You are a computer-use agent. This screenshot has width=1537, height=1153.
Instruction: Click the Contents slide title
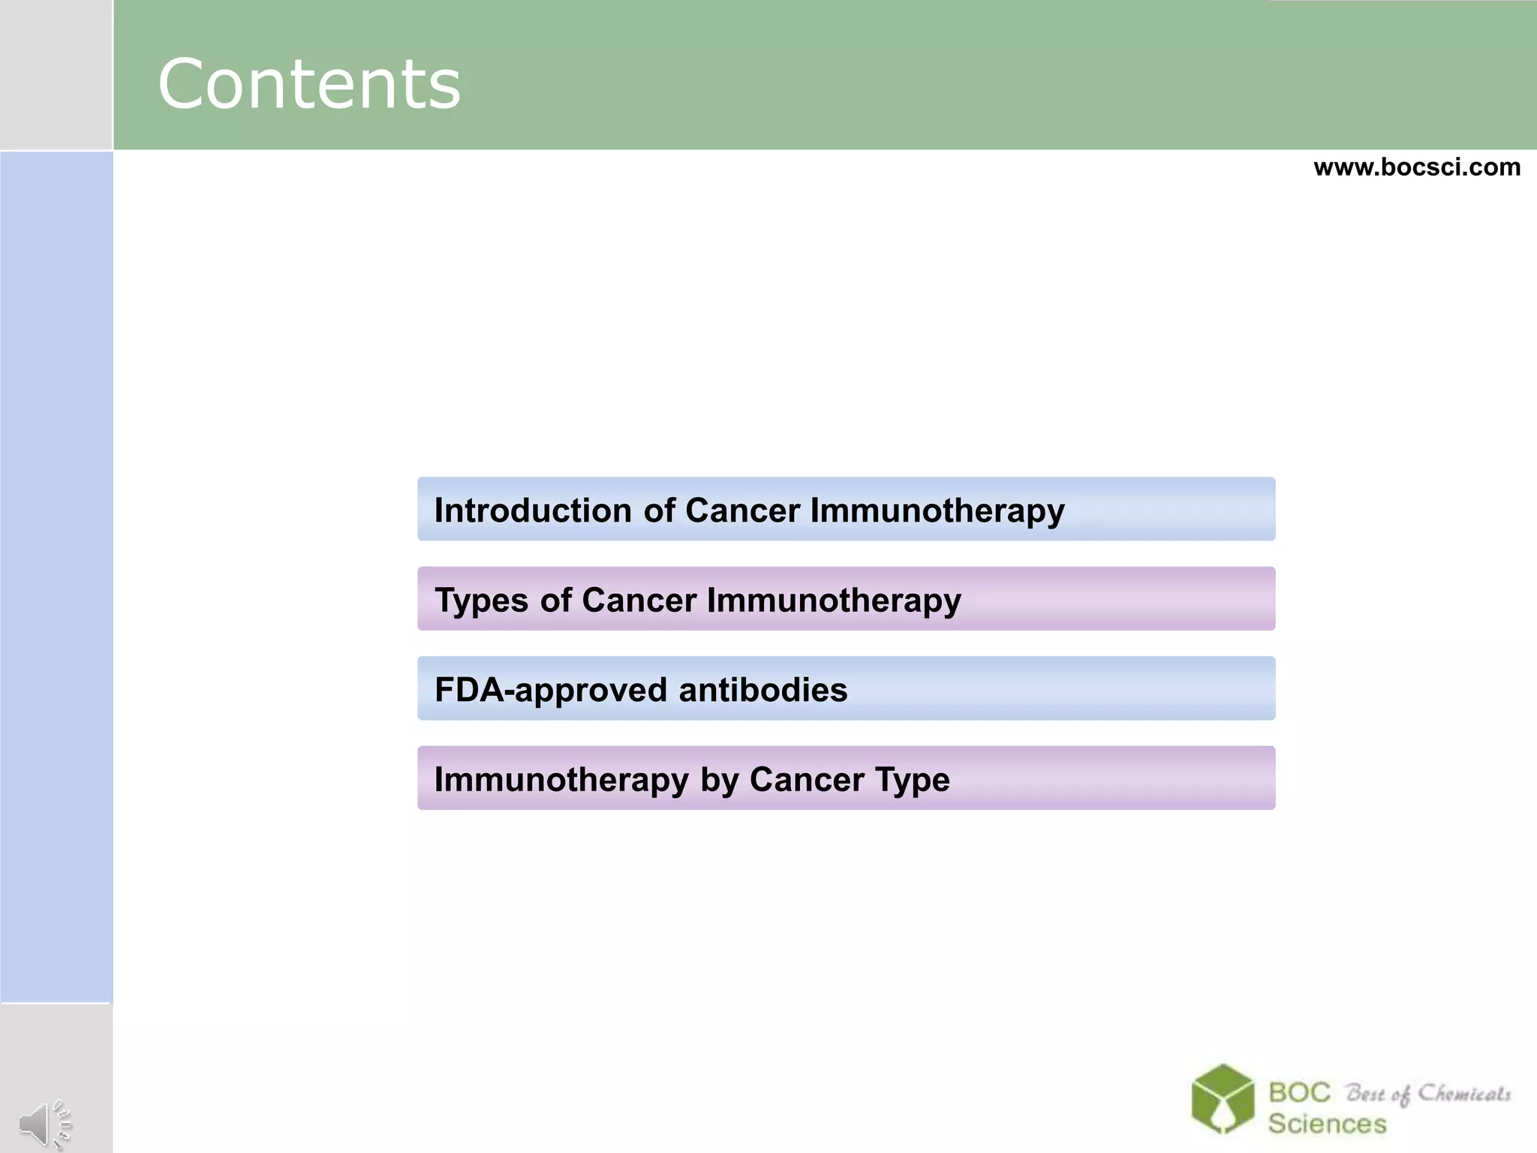[308, 83]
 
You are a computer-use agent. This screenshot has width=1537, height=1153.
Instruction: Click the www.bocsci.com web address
[1416, 167]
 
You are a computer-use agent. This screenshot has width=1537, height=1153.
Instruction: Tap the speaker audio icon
[44, 1124]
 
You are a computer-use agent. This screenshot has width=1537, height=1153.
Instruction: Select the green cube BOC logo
[1223, 1098]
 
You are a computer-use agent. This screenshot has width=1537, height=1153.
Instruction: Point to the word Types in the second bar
[482, 601]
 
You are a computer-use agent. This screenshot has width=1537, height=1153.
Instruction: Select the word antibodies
[762, 689]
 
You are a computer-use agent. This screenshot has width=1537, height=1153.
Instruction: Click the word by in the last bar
[720, 780]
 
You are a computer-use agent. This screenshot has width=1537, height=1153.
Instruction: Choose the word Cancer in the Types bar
[639, 600]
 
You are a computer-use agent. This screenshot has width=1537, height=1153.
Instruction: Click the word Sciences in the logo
[1327, 1124]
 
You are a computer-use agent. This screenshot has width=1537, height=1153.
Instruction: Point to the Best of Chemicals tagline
[1427, 1094]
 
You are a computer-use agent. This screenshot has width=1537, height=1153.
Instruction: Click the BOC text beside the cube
[1299, 1092]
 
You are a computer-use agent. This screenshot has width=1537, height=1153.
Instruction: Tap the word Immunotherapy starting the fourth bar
[561, 780]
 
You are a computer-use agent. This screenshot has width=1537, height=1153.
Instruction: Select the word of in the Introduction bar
[659, 510]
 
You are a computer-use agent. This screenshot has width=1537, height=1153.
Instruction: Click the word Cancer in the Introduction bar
[742, 510]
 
